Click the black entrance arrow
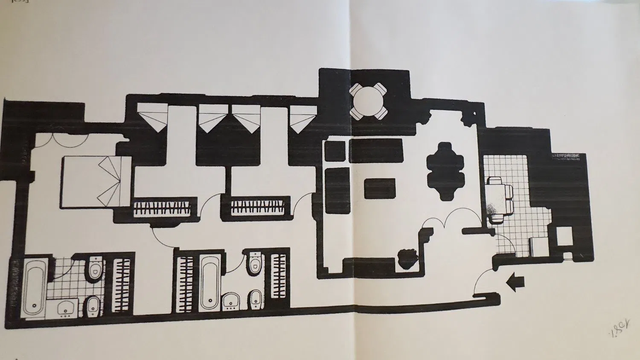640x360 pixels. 515,282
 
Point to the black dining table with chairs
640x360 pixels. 445,171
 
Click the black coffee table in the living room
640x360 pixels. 380,188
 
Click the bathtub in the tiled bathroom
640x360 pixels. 34,286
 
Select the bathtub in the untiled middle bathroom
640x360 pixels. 209,282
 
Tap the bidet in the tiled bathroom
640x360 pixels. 93,305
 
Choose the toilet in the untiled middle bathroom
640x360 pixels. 255,262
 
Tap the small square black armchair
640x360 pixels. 335,151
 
